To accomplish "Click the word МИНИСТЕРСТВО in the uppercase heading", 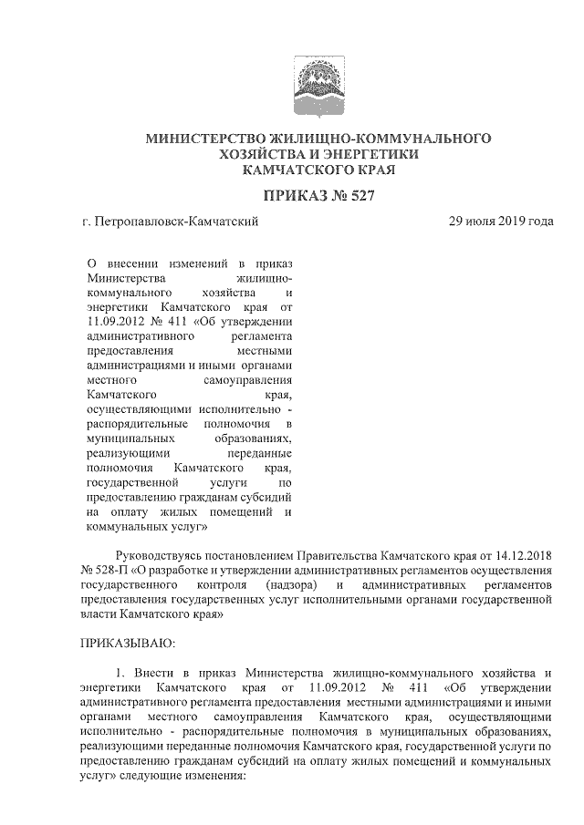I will click(206, 139).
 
